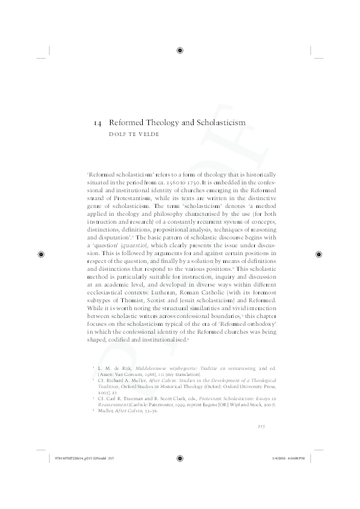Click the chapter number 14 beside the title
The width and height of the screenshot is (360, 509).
(x=97, y=123)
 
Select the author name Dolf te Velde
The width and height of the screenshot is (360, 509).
(x=131, y=135)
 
